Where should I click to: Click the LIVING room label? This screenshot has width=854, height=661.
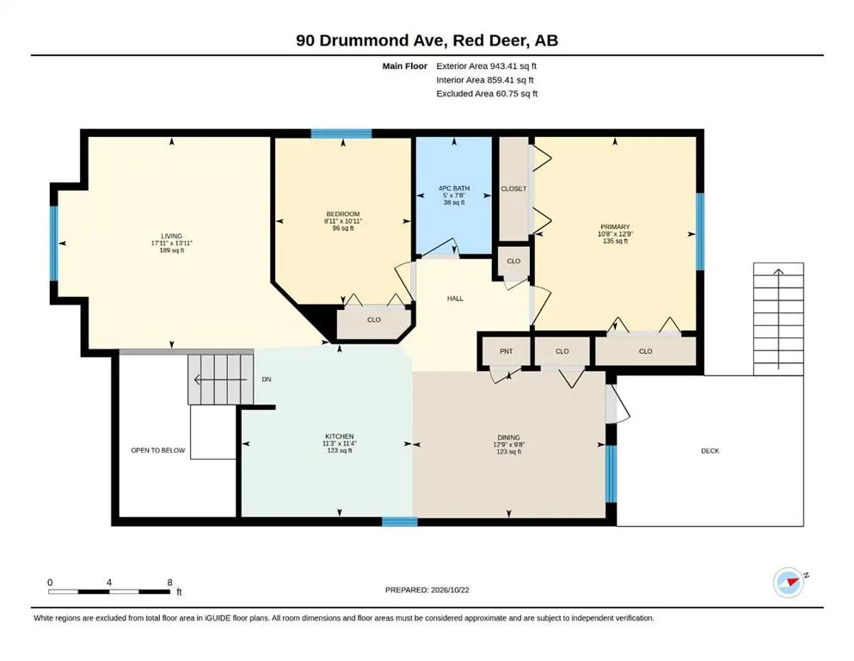point(171,237)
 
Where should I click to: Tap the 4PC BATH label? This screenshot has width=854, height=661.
point(454,188)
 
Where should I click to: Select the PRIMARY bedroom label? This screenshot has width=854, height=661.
point(615,227)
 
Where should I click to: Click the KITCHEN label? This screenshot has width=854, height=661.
point(340,436)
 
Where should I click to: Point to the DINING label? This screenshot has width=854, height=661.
point(508,437)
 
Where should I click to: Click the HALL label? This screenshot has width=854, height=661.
point(455,299)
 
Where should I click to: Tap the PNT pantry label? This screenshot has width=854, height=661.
point(506,351)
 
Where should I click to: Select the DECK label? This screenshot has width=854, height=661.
point(710,451)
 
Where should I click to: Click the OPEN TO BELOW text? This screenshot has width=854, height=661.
point(158,451)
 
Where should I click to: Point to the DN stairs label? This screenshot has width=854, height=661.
point(267,380)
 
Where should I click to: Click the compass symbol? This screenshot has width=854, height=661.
point(789,583)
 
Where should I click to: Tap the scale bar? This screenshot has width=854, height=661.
point(109,591)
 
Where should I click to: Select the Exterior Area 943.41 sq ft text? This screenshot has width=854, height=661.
point(487,66)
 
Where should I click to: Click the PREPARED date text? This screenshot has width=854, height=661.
point(427,590)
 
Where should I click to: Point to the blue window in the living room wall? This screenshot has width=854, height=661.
point(54,243)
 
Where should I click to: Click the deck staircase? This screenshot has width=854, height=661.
point(778,319)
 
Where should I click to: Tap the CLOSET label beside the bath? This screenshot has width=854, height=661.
point(513,189)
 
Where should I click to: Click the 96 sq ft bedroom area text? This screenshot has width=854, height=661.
point(343,228)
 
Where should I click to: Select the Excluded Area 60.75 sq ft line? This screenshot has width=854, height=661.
point(487,94)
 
